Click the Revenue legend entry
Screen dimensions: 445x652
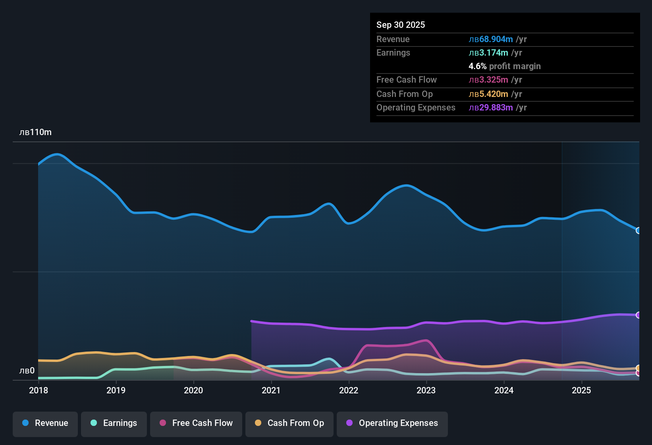coord(45,423)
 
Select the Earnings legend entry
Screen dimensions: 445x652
coord(114,423)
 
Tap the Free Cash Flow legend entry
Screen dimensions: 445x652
coord(196,423)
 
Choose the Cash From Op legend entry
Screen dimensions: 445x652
coord(289,423)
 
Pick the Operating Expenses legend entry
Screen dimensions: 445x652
coord(392,423)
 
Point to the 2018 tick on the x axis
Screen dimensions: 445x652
coord(39,390)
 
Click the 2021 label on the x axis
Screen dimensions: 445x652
coord(271,390)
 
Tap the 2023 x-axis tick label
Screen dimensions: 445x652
coord(426,390)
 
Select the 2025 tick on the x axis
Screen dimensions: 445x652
coord(581,390)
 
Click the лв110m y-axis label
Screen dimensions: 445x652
coord(35,132)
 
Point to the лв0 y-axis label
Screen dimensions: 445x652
coord(27,371)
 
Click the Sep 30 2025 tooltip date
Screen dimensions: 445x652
coord(401,25)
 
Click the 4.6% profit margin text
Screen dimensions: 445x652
coord(505,66)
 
